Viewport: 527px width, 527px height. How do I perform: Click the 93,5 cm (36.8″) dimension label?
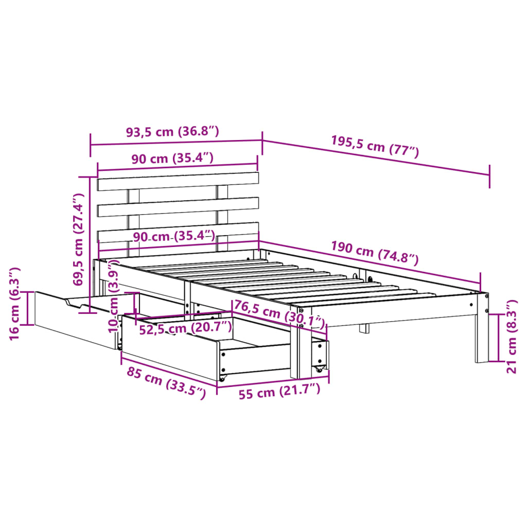point(172,131)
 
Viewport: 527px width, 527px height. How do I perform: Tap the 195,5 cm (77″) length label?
point(375,147)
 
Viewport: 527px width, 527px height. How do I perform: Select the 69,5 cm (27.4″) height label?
point(78,239)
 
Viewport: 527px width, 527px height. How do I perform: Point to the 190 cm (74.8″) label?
point(375,253)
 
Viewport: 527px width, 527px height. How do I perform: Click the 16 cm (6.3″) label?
point(15,304)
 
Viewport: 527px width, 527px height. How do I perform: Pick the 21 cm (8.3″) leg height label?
point(511,337)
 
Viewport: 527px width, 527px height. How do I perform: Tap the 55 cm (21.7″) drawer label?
point(279,391)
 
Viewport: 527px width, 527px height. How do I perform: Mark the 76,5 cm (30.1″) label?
point(279,314)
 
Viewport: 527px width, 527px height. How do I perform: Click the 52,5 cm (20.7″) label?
point(185,328)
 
